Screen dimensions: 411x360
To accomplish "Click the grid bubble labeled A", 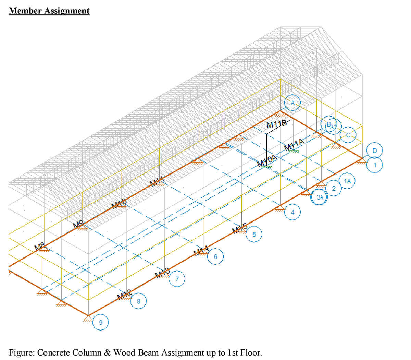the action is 292,103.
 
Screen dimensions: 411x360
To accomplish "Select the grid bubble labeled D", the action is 374,150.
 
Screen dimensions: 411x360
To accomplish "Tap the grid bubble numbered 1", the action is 374,165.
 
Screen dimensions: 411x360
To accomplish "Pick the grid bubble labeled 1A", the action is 348,181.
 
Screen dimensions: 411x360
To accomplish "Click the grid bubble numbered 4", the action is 292,212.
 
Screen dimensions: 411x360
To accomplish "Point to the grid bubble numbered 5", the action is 254,235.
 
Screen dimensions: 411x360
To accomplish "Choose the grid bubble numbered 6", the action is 215,256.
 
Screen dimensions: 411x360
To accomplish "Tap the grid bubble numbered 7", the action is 177,279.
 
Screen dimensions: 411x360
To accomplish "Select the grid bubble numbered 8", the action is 139,301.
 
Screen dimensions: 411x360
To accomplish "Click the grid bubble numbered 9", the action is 100,322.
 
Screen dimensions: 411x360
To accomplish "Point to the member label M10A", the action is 267,160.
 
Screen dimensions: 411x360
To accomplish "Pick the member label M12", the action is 124,294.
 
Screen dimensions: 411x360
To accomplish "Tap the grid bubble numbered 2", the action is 334,188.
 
